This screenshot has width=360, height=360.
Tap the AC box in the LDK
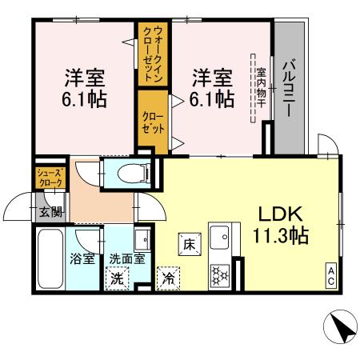(x=331, y=273)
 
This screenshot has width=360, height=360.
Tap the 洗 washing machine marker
(x=118, y=279)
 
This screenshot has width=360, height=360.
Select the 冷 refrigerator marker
(x=169, y=279)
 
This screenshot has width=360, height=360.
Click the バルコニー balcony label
(x=289, y=88)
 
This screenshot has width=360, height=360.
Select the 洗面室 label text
(x=126, y=258)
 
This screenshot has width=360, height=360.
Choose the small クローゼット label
(x=154, y=123)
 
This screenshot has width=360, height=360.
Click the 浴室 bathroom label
(x=82, y=258)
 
